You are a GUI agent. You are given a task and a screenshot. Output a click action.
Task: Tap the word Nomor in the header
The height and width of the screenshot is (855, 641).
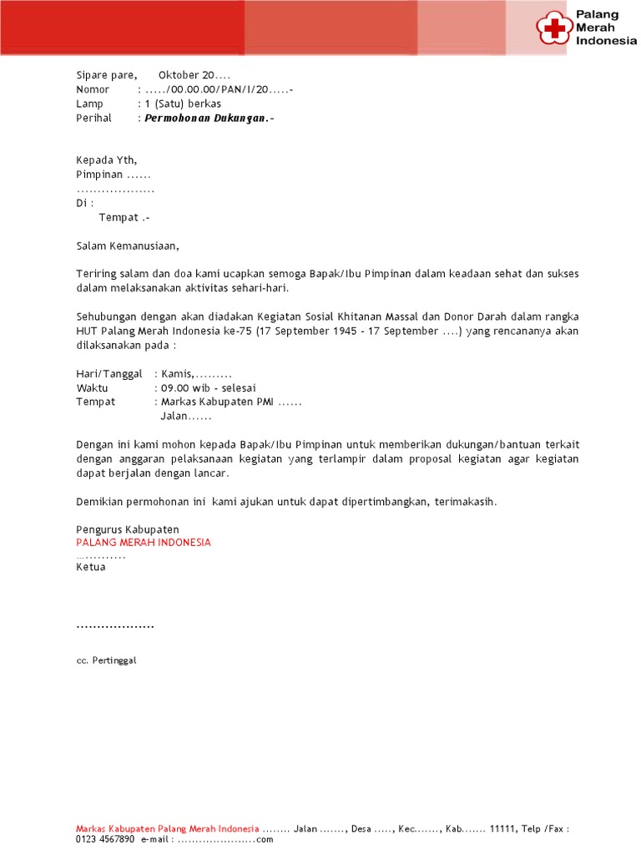[x=93, y=89]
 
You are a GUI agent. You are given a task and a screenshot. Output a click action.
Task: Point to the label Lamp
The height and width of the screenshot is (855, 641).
[x=89, y=104]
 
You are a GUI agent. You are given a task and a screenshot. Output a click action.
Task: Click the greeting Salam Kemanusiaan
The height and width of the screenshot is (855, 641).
[x=127, y=246]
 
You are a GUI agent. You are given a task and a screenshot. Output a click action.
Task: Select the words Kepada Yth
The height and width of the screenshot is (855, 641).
[x=106, y=160]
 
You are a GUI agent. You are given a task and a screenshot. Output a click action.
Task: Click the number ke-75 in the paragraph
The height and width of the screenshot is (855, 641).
[x=236, y=331]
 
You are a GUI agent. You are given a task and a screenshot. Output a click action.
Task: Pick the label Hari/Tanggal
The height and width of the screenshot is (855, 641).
[x=109, y=374]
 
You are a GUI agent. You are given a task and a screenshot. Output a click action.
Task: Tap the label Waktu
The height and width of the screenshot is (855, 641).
[x=92, y=388]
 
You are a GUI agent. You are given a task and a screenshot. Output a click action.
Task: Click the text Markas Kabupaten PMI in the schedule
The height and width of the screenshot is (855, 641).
[x=217, y=402]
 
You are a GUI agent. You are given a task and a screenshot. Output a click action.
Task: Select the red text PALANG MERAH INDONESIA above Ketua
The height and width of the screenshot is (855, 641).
[x=144, y=543]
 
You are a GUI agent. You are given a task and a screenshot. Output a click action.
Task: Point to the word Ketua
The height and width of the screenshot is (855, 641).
[x=91, y=568]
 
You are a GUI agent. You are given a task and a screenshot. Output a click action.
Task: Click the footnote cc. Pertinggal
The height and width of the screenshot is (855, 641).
[x=105, y=660]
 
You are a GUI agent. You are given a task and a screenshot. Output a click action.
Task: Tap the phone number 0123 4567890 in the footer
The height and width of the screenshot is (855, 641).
[x=104, y=839]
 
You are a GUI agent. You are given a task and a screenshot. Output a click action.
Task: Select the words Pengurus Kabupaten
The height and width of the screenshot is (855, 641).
[x=128, y=529]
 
